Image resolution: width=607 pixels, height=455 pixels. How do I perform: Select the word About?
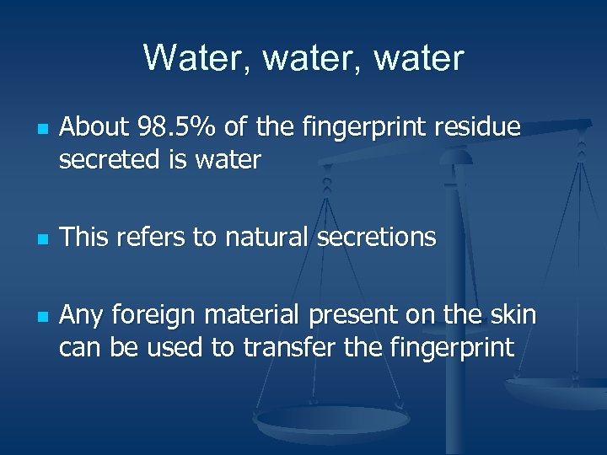point(93,128)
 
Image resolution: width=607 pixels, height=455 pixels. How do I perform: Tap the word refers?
point(149,238)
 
